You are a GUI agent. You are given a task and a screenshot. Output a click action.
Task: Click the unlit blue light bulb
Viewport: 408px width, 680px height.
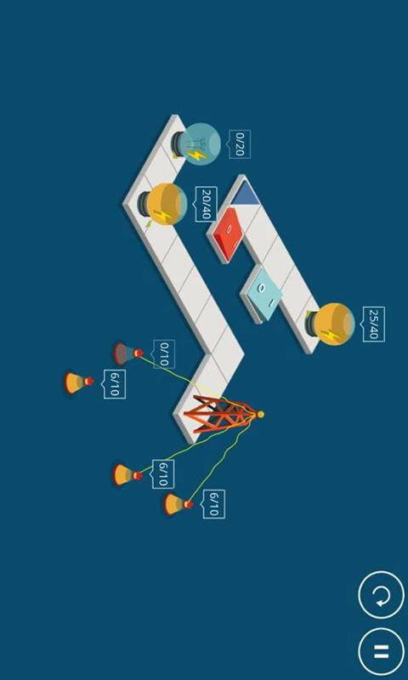tap(196, 144)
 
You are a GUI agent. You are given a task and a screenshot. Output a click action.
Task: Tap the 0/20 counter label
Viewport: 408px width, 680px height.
tap(240, 144)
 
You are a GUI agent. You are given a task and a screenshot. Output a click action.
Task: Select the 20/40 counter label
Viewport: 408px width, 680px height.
tap(207, 204)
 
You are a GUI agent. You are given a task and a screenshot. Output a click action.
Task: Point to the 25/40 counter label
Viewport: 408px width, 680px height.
tap(374, 324)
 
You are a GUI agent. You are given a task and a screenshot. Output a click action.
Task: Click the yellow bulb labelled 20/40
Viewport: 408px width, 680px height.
tap(163, 204)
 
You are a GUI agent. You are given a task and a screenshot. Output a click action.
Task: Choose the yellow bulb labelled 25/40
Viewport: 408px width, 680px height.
tap(331, 324)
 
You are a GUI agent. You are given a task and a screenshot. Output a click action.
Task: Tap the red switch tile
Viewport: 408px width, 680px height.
tap(227, 235)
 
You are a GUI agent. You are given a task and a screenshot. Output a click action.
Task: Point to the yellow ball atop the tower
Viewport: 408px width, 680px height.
tap(260, 415)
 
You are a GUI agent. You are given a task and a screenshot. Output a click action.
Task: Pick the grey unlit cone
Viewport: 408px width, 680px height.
tap(127, 354)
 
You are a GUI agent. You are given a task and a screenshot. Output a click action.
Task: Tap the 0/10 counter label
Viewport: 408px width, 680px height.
tap(164, 354)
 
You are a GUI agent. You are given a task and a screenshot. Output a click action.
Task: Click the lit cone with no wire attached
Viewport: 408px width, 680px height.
tap(79, 382)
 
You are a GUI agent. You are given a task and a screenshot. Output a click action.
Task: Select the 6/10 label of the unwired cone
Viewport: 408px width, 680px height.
tap(115, 384)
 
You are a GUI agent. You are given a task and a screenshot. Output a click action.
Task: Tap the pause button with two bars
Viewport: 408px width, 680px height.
tap(381, 651)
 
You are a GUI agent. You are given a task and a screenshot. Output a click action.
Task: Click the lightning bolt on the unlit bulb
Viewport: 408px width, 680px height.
tap(198, 155)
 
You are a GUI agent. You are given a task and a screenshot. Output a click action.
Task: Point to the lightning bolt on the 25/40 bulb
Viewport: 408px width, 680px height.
tap(331, 335)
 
